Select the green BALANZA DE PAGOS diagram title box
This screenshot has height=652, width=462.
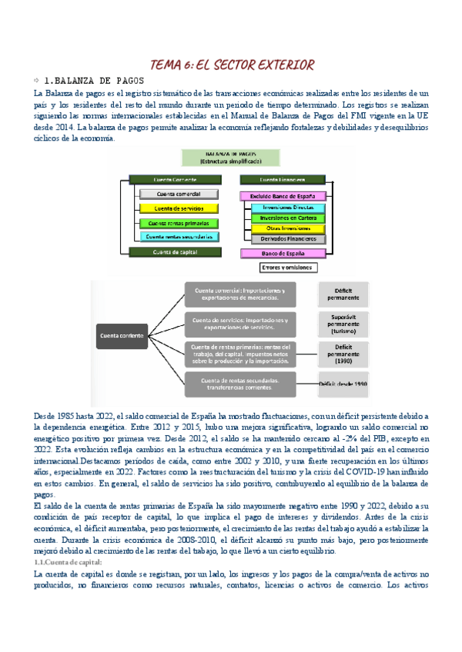[x=231, y=158]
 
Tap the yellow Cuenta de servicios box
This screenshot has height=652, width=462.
[x=178, y=208]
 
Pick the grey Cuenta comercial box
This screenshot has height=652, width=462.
[x=178, y=194]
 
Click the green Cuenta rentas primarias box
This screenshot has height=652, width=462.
[x=178, y=223]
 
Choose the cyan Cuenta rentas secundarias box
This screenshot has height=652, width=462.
[x=178, y=237]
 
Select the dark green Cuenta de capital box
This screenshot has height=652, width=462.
[x=178, y=252]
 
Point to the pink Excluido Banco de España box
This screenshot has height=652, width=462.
[x=283, y=195]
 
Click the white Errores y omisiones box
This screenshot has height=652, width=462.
[x=283, y=268]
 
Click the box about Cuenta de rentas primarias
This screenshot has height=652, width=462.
[x=241, y=353]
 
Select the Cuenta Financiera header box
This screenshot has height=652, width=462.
[x=283, y=179]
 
